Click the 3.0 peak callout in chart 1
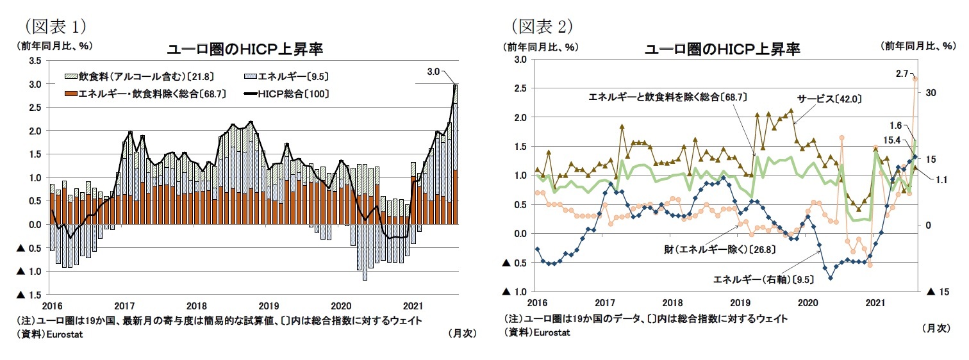(x=433, y=72)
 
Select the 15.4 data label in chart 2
(x=895, y=140)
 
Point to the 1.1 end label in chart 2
(x=941, y=180)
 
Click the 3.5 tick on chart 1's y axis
(x=35, y=60)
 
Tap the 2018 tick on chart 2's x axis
(x=672, y=302)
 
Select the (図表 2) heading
(x=541, y=27)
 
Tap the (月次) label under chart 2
(x=936, y=329)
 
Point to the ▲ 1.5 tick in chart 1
(x=29, y=295)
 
